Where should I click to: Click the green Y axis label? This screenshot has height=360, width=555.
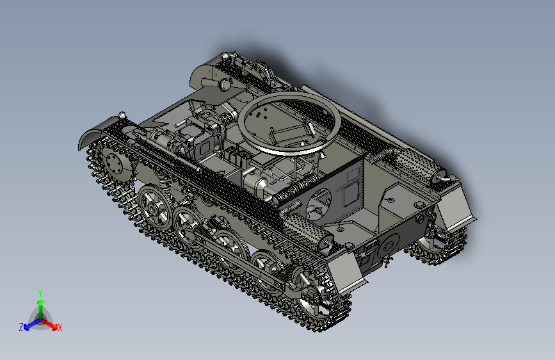coord(40,291)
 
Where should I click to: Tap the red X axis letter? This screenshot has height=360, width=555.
coord(60,328)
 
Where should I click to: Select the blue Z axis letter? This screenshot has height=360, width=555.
coord(21,327)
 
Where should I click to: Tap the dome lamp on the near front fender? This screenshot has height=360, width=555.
coord(122,115)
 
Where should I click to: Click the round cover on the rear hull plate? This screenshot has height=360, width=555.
coord(389,245)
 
